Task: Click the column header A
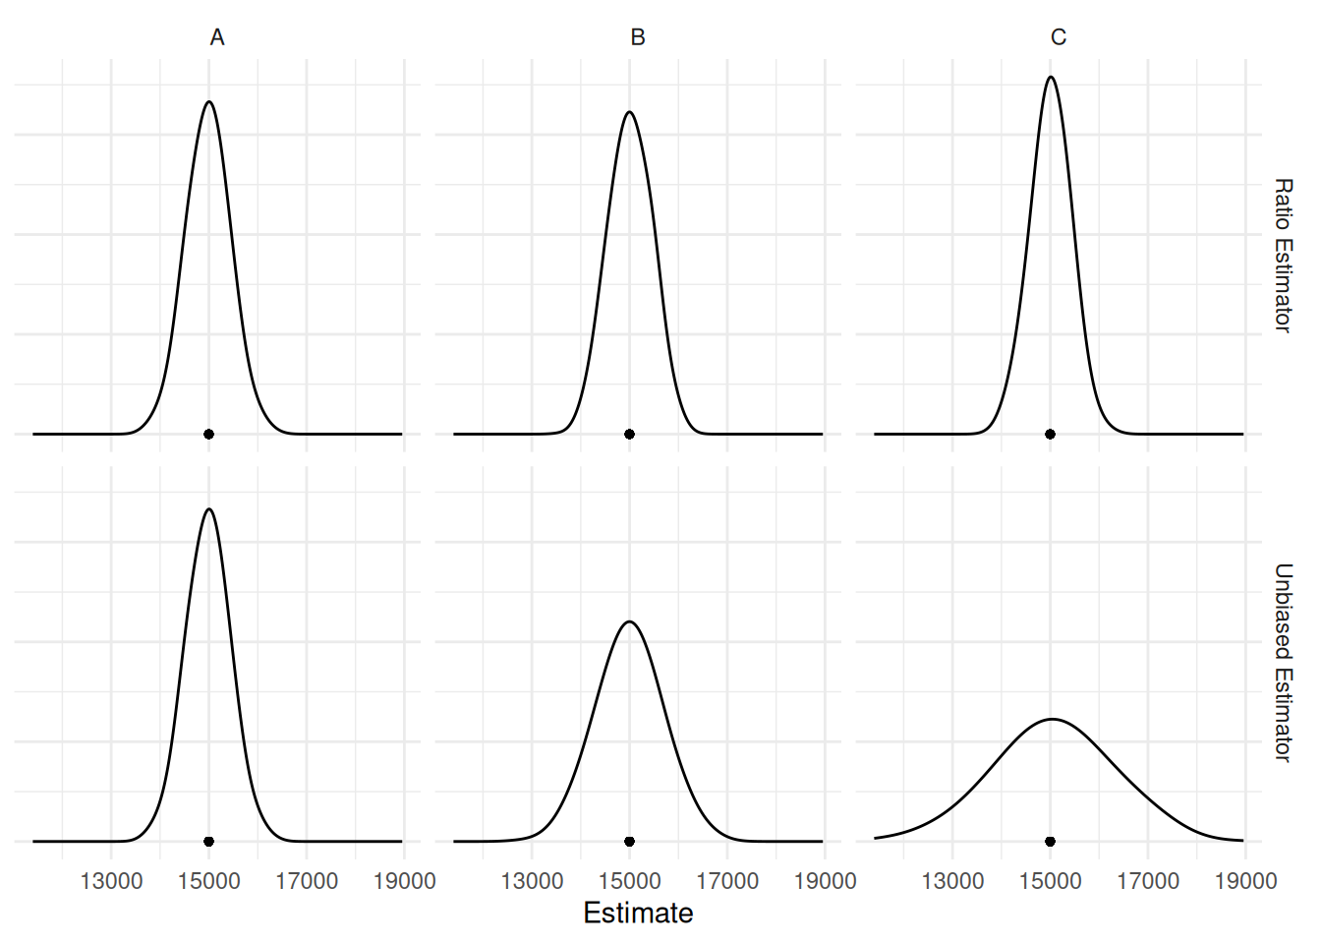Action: pos(217,37)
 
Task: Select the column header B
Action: pos(638,37)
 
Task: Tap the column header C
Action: pos(1059,37)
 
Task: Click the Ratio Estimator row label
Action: pos(1283,256)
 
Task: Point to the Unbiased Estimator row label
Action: pos(1283,662)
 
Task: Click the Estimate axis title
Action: pos(638,914)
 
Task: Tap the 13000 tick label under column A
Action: pos(111,881)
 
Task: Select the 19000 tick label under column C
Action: pos(1245,881)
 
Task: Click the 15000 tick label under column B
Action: pos(629,881)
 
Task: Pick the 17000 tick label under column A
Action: pos(307,881)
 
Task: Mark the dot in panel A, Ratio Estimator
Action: pos(208,434)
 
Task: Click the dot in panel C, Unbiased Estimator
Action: pos(1050,842)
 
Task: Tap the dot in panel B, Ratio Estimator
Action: pos(629,434)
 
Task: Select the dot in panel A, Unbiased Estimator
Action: pos(208,842)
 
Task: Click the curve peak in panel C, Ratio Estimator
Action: pos(1051,77)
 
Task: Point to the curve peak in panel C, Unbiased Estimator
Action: pos(1052,719)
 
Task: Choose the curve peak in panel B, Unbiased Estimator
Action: pos(629,621)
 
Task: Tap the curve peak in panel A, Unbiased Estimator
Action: pos(208,509)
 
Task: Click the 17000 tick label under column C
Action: pos(1148,881)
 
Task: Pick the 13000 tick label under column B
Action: pos(532,881)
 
